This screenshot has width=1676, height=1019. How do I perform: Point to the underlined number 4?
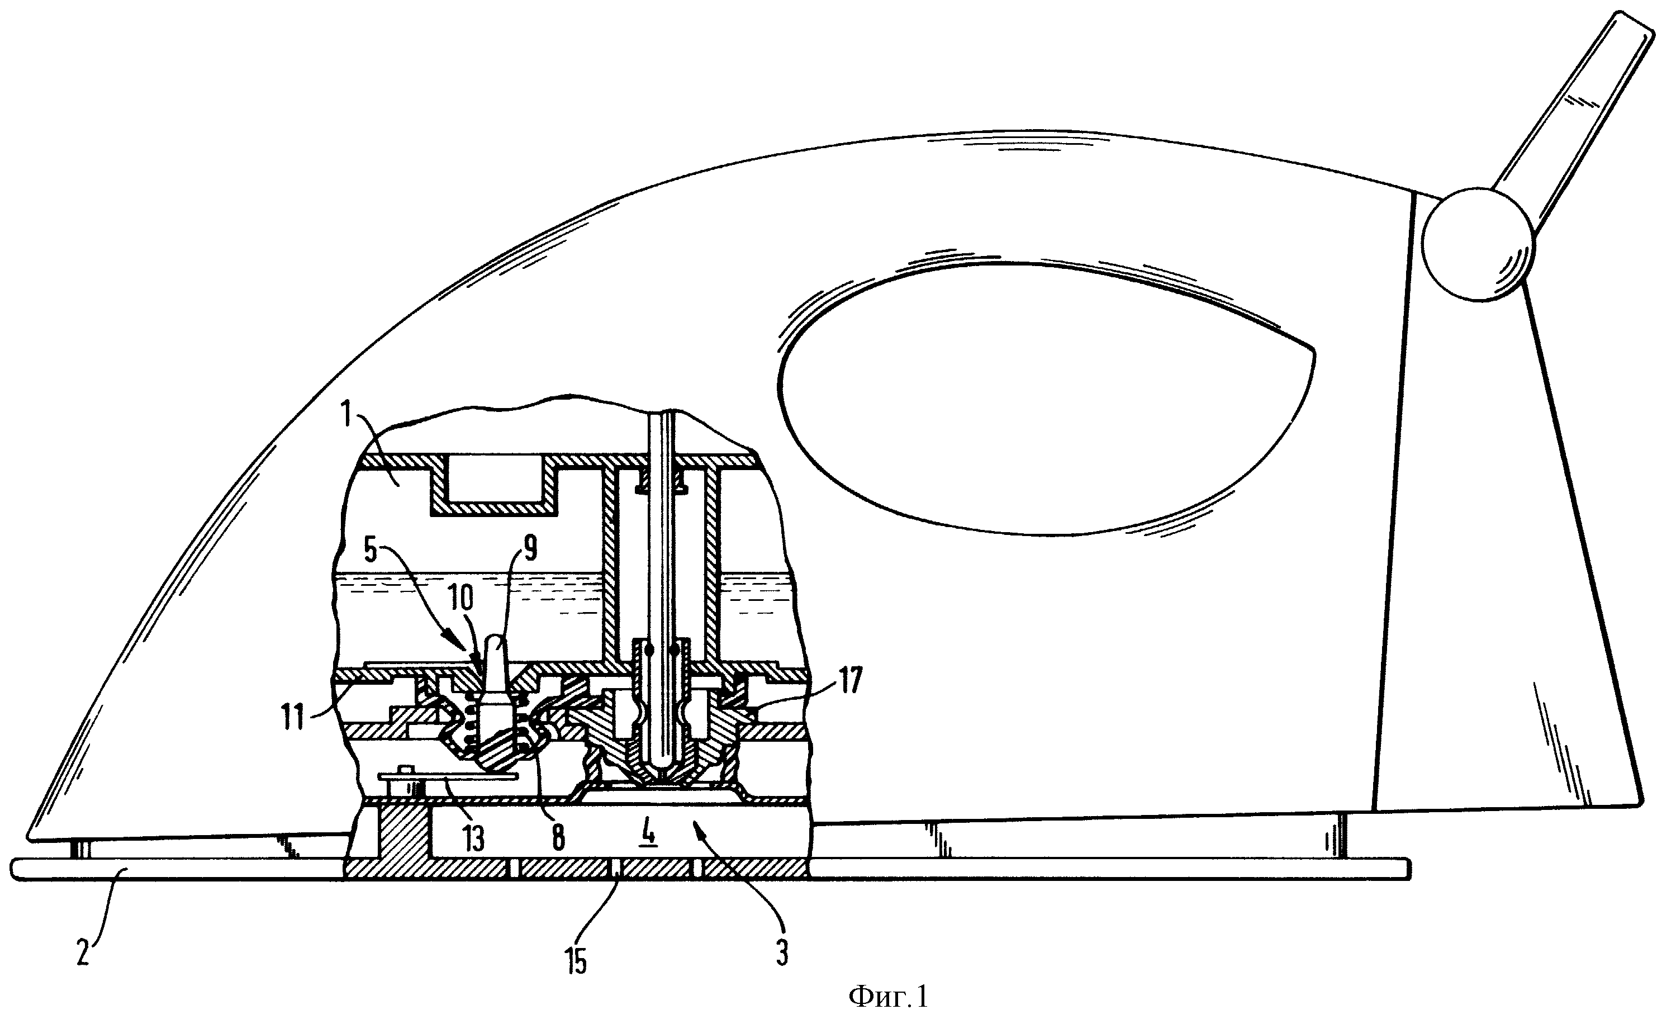649,835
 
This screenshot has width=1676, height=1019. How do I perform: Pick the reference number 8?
558,838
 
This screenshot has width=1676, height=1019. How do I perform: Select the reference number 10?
460,599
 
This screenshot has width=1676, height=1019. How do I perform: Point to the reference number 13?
473,838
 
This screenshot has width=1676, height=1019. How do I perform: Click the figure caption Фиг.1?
889,998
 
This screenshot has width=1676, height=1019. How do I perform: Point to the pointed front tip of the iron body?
29,835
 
